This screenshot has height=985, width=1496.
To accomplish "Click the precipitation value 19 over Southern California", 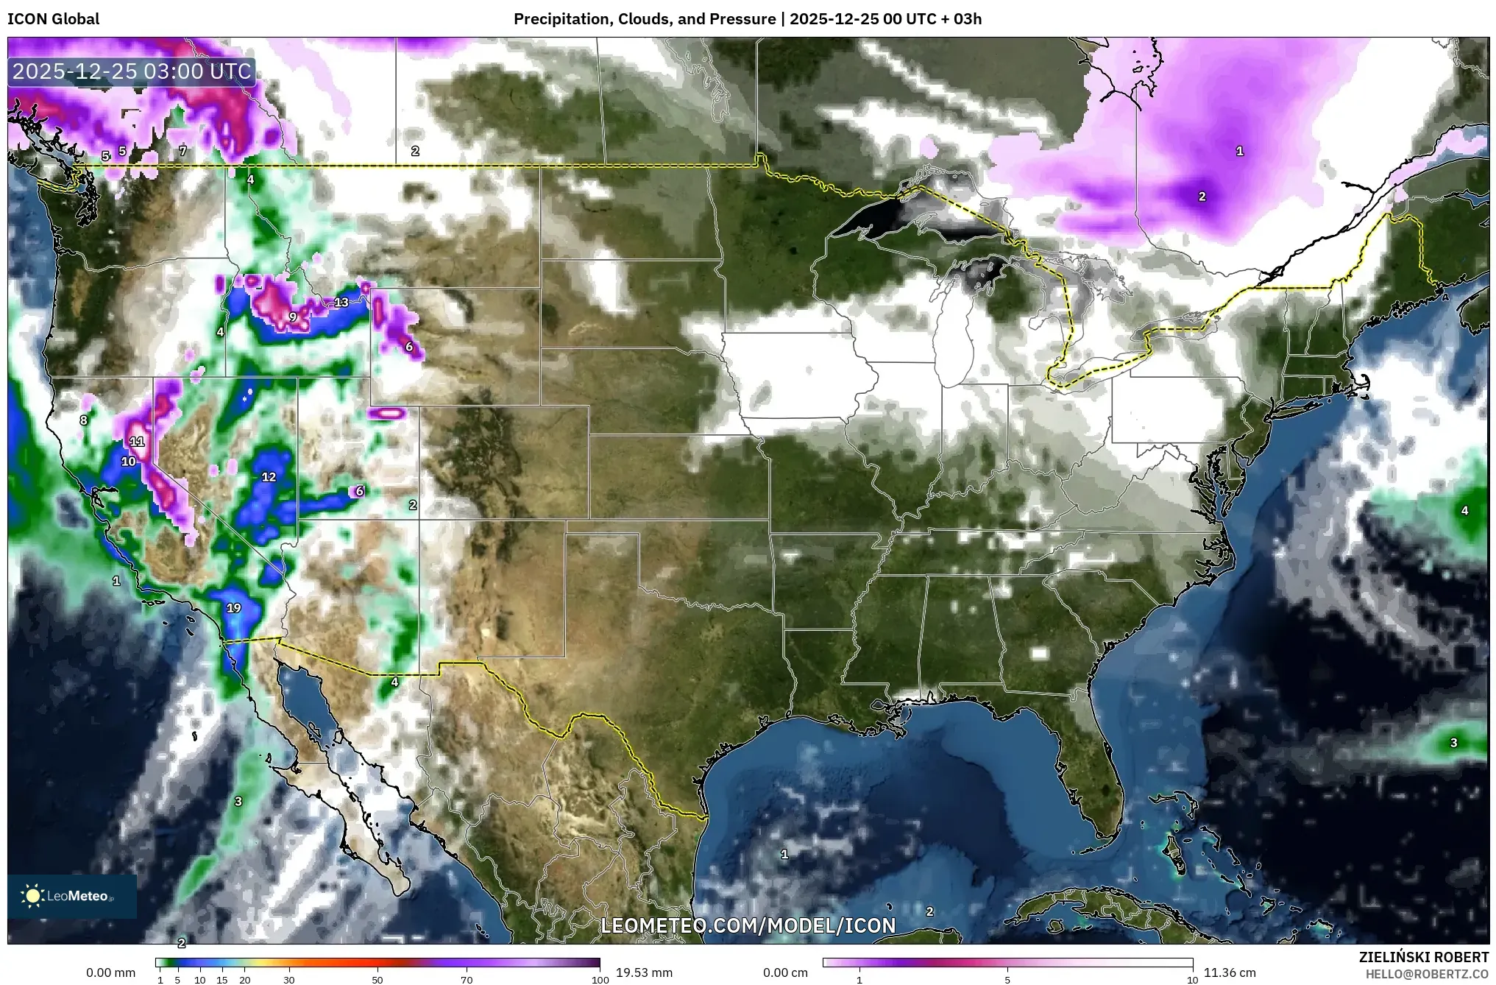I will pyautogui.click(x=233, y=608).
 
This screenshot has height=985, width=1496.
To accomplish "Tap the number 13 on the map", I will pyautogui.click(x=341, y=303).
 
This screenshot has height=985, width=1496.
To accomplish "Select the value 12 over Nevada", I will pyautogui.click(x=269, y=477).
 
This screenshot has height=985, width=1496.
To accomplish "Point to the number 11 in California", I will pyautogui.click(x=137, y=442).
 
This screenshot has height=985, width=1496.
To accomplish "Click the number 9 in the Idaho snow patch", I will pyautogui.click(x=293, y=317).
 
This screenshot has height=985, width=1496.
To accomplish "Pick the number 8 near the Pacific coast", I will pyautogui.click(x=84, y=420).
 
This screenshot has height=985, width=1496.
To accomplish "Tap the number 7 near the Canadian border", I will pyautogui.click(x=183, y=151).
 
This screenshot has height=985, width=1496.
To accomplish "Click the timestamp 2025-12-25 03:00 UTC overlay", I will pyautogui.click(x=132, y=71).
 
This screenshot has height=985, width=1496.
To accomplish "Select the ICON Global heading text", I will pyautogui.click(x=54, y=19).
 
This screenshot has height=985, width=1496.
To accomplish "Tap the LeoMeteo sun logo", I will pyautogui.click(x=32, y=895).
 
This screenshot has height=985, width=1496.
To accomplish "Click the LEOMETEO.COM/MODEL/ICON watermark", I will pyautogui.click(x=748, y=925).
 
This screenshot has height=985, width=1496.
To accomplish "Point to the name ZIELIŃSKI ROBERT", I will pyautogui.click(x=1423, y=958).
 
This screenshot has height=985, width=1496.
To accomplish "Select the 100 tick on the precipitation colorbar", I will pyautogui.click(x=600, y=980).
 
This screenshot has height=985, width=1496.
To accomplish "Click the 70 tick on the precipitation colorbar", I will pyautogui.click(x=467, y=980).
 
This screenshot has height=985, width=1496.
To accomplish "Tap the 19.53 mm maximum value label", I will pyautogui.click(x=644, y=972).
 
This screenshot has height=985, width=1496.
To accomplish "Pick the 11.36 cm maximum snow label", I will pyautogui.click(x=1230, y=972).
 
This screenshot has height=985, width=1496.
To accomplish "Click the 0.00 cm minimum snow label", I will pyautogui.click(x=785, y=972).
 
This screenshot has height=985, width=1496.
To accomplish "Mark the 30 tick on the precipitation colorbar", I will pyautogui.click(x=289, y=980).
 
